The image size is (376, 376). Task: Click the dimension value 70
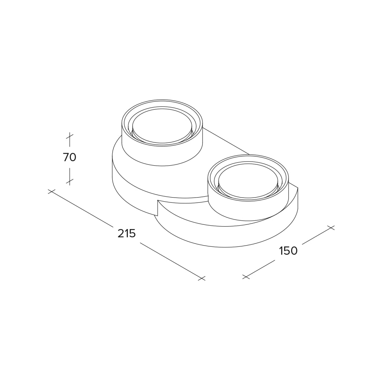(69, 157)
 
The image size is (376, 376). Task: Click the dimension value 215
(127, 233)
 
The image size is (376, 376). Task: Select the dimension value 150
(288, 251)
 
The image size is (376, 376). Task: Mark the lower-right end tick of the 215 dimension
(202, 278)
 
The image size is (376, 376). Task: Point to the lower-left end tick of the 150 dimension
(246, 277)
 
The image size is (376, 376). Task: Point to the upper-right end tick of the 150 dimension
(330, 228)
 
